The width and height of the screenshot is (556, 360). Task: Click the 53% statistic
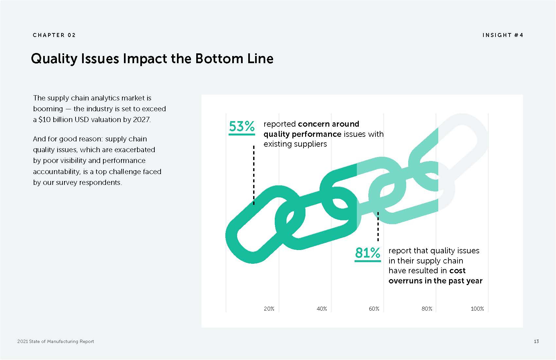point(241,126)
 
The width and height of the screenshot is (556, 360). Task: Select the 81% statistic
point(367,253)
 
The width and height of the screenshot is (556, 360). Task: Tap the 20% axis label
point(269,309)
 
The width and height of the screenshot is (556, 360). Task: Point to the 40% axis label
point(322,309)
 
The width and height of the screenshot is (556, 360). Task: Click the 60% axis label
point(374,309)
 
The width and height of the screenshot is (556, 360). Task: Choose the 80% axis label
point(427,309)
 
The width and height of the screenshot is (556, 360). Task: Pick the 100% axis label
point(477,309)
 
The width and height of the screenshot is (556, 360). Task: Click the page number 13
point(536,341)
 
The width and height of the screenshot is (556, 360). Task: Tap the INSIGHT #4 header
point(503,35)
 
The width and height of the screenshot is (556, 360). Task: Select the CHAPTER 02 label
point(54,35)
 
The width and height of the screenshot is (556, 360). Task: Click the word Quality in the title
point(54,59)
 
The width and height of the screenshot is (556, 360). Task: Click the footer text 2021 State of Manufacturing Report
point(56,341)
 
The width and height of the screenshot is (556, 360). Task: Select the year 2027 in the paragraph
point(141,119)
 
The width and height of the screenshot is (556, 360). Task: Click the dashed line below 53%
point(254,175)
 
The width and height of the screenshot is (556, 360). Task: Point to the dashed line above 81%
point(378,226)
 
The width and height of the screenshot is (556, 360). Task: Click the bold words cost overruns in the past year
point(436,276)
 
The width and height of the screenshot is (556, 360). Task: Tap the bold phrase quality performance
point(302,134)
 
